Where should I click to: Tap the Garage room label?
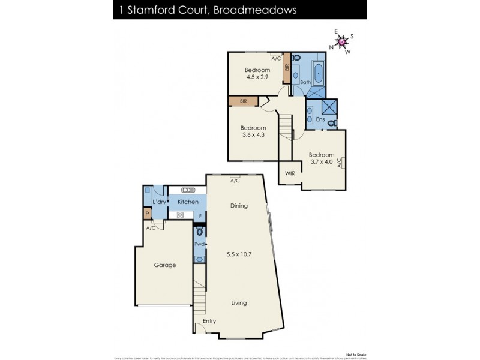click(165, 265)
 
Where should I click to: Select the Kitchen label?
click(188, 202)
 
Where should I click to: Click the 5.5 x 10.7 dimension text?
click(239, 254)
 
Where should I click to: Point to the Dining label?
click(239, 206)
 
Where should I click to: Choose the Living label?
click(239, 303)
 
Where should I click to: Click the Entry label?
click(209, 322)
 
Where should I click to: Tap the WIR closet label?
click(290, 174)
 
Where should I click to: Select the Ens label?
click(320, 120)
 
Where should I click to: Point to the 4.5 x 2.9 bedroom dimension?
click(257, 77)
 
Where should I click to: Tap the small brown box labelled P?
click(146, 213)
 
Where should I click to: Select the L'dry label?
click(159, 202)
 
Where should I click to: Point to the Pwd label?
click(199, 244)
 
